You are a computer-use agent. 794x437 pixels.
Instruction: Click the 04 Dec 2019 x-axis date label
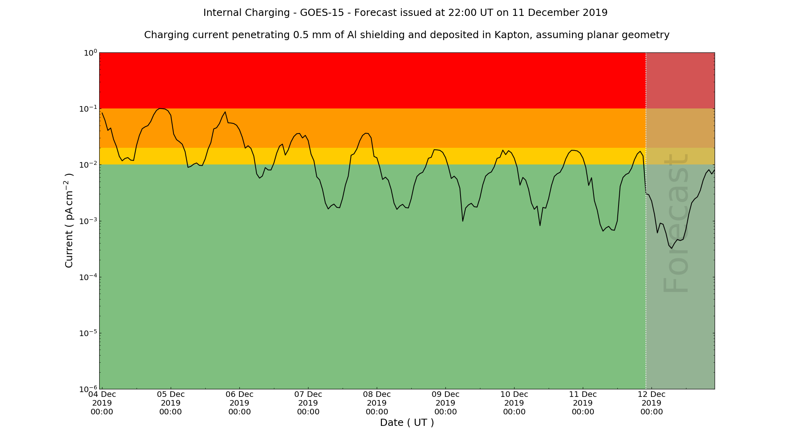(x=102, y=403)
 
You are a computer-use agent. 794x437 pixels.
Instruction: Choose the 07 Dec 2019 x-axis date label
(x=308, y=403)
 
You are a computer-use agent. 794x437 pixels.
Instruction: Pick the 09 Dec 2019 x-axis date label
(x=445, y=403)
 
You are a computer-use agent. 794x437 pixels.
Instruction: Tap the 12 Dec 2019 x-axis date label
(x=651, y=403)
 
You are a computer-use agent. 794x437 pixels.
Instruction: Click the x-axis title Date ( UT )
(x=407, y=423)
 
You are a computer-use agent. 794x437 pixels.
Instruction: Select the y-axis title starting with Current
(x=69, y=220)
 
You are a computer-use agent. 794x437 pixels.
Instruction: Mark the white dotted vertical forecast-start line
(x=646, y=278)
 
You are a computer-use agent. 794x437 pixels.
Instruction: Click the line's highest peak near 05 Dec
(x=160, y=108)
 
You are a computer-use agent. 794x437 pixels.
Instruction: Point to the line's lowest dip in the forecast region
(x=671, y=248)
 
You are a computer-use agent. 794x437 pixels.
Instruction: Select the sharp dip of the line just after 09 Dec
(x=463, y=221)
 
